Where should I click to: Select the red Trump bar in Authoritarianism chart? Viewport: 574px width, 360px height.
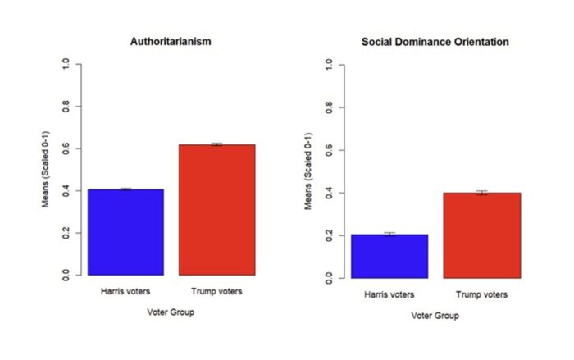(x=216, y=210)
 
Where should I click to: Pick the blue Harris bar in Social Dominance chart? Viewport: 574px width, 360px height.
(x=389, y=256)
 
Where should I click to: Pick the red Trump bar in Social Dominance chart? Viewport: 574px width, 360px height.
(x=482, y=235)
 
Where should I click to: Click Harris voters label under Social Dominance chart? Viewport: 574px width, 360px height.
(x=389, y=294)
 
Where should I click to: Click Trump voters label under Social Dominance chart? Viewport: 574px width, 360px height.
(x=482, y=294)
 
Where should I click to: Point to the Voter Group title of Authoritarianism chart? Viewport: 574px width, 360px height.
(x=171, y=312)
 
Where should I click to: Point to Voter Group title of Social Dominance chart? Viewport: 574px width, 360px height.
(x=435, y=316)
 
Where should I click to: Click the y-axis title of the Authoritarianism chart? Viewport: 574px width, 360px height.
(x=48, y=170)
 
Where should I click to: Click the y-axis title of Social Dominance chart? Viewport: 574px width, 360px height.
(x=308, y=171)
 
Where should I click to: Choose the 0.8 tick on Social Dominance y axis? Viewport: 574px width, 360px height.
(x=330, y=107)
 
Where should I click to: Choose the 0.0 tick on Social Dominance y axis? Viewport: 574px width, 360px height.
(x=330, y=278)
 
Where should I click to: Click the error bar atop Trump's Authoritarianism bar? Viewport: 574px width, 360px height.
(x=216, y=144)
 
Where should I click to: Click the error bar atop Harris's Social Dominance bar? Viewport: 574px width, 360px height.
(x=389, y=235)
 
